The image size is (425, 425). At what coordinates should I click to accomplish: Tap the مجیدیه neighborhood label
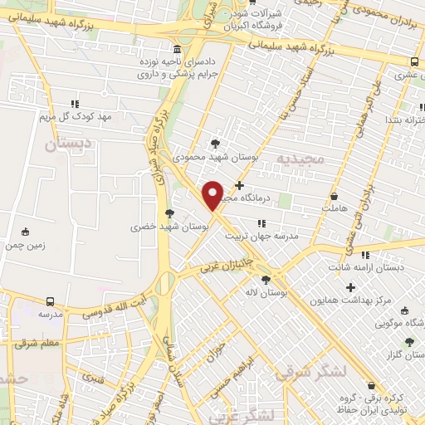pyautogui.click(x=296, y=158)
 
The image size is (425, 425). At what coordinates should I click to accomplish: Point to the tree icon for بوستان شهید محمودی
pyautogui.click(x=216, y=143)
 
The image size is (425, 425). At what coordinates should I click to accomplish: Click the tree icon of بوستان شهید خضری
pyautogui.click(x=169, y=212)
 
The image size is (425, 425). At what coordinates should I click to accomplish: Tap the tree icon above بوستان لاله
pyautogui.click(x=266, y=280)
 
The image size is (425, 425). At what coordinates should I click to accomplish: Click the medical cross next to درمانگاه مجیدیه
pyautogui.click(x=240, y=185)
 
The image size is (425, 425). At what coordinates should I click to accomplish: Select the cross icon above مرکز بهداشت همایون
pyautogui.click(x=349, y=286)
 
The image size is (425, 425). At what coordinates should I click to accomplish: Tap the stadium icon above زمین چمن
pyautogui.click(x=25, y=232)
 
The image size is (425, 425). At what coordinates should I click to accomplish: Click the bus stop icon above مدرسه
pyautogui.click(x=51, y=301)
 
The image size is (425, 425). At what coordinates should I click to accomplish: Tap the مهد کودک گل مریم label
pyautogui.click(x=76, y=117)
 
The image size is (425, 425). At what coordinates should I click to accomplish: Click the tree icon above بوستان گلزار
pyautogui.click(x=409, y=340)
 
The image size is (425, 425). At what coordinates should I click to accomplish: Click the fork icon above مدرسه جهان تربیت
pyautogui.click(x=262, y=222)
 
